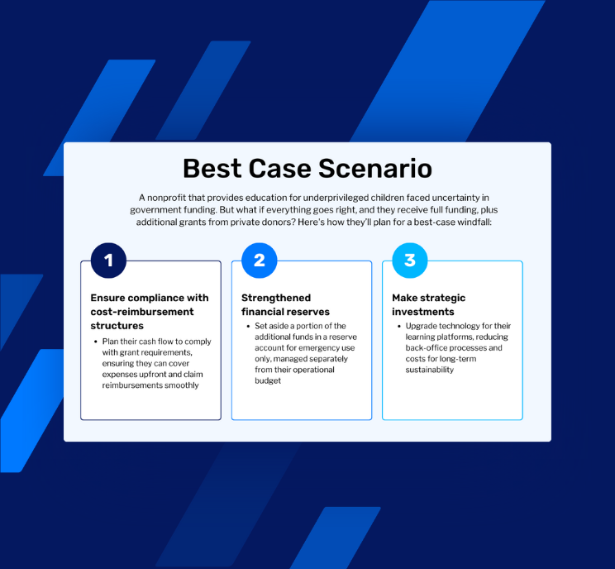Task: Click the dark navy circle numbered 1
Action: [108, 261]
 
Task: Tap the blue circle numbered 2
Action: [260, 261]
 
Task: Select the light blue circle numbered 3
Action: [410, 261]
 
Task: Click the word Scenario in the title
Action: [375, 169]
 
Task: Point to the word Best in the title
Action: [212, 169]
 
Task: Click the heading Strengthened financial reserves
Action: [285, 304]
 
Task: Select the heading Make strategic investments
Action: [429, 304]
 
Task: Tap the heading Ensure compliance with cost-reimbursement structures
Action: [150, 312]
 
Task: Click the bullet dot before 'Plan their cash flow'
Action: [96, 342]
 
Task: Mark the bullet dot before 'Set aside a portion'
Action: [248, 326]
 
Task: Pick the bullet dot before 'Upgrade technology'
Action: [399, 326]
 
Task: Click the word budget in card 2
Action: [268, 380]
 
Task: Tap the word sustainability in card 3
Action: [430, 370]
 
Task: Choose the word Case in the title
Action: [279, 169]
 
